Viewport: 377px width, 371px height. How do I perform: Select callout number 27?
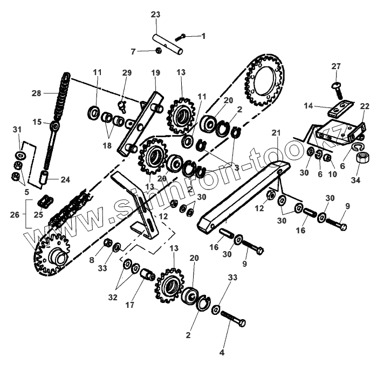(x=336, y=66)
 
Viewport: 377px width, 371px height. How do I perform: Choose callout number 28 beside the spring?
(x=36, y=93)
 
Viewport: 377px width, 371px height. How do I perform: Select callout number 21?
(x=276, y=132)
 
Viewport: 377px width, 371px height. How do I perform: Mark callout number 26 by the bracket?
(x=15, y=215)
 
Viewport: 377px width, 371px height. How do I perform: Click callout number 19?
(x=155, y=72)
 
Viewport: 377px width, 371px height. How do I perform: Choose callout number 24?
(x=65, y=179)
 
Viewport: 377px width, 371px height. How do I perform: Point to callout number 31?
(x=17, y=130)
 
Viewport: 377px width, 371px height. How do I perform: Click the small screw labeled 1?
(x=183, y=36)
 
